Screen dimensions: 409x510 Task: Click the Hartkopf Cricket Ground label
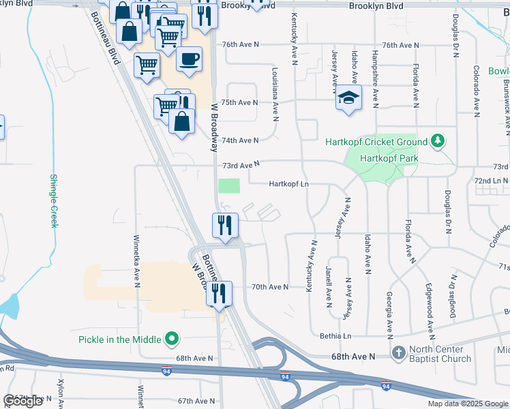pos(380,142)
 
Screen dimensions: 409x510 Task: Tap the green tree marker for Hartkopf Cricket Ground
pos(438,142)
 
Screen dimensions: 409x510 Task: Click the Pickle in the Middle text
pos(120,339)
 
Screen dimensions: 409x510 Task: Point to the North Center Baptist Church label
pos(441,353)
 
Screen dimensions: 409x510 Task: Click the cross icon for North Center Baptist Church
pos(400,353)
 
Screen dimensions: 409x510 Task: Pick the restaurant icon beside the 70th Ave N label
pos(219,294)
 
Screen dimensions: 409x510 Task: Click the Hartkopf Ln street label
pos(289,184)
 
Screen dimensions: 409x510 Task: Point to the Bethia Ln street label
pos(335,336)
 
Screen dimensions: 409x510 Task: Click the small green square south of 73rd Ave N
pos(229,186)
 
